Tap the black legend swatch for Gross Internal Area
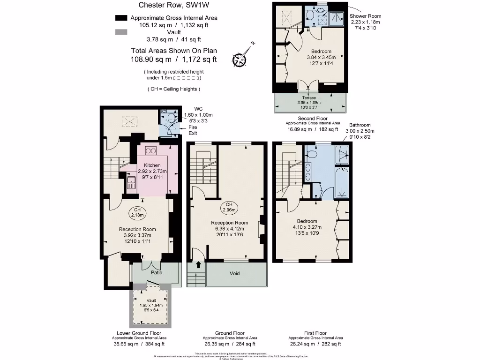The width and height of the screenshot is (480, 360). click(121, 18)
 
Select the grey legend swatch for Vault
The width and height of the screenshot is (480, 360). click(121, 32)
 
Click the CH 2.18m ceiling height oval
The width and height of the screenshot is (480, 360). click(137, 212)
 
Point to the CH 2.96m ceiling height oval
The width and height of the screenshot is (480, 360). click(229, 207)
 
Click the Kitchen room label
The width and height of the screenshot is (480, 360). click(152, 165)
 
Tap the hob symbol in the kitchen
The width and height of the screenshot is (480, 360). click(151, 150)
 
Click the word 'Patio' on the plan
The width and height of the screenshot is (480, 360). click(156, 272)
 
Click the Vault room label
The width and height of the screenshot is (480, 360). click(151, 300)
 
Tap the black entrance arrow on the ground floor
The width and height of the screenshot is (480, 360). click(197, 265)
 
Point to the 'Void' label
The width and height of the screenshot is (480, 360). click(234, 273)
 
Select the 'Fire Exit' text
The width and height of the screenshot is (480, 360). click(193, 130)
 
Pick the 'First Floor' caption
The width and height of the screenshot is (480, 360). click(315, 333)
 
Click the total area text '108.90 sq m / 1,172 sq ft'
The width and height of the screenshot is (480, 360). click(173, 60)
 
